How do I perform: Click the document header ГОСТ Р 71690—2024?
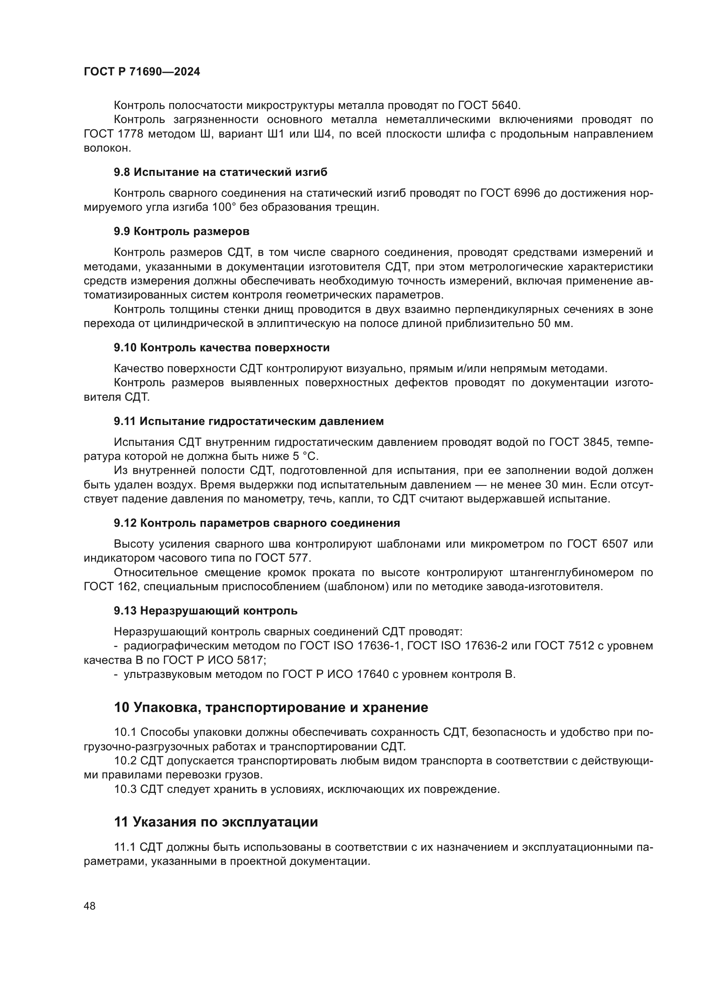pyautogui.click(x=142, y=72)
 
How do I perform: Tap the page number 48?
pyautogui.click(x=90, y=906)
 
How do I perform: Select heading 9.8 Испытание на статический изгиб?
pyautogui.click(x=220, y=172)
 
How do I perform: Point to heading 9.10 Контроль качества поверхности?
pyautogui.click(x=221, y=347)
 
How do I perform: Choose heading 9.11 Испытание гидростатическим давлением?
pyautogui.click(x=249, y=421)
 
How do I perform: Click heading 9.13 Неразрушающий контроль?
pyautogui.click(x=206, y=611)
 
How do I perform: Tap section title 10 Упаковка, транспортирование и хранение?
pyautogui.click(x=271, y=708)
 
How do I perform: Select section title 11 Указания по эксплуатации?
pyautogui.click(x=215, y=822)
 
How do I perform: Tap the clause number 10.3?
pyautogui.click(x=125, y=789)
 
